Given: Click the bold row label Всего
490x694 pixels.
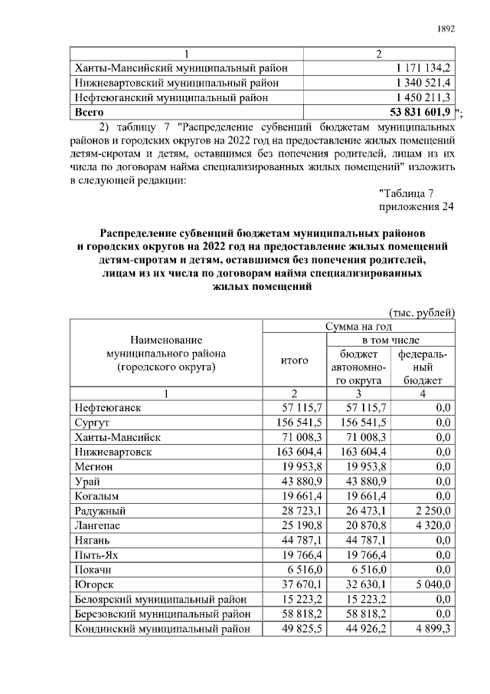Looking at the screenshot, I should coord(88,113).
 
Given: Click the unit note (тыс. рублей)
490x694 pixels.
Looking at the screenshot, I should coord(423,312).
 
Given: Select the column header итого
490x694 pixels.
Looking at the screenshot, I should coord(294,360).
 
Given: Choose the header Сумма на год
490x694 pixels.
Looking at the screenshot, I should coord(359,327).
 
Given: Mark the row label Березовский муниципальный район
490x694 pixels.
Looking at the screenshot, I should coord(161,614).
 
